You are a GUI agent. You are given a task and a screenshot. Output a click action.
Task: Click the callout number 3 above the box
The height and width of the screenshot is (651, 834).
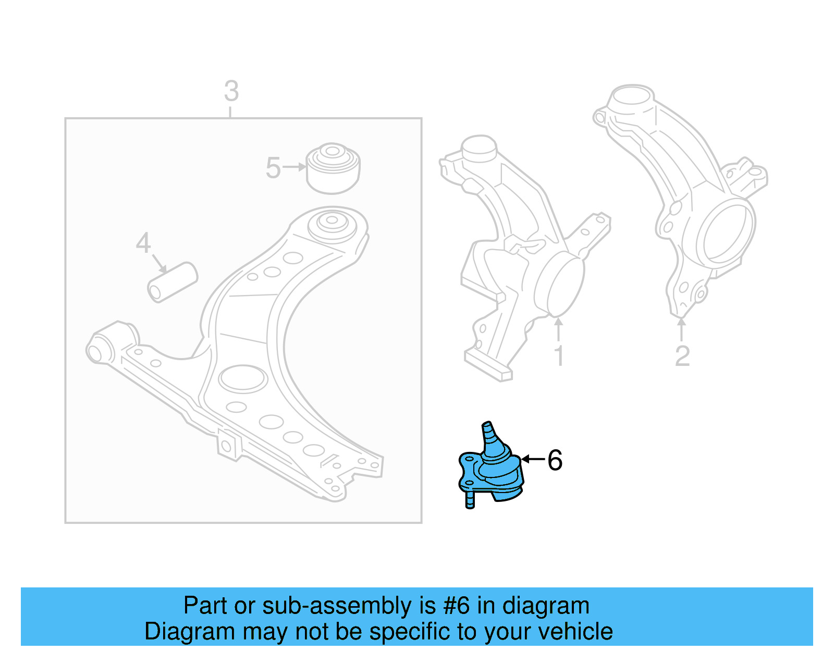pos(231,91)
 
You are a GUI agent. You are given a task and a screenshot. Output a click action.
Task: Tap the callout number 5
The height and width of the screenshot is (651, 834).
pos(273,168)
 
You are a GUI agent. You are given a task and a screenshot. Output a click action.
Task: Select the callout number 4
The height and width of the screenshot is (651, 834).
pos(143,243)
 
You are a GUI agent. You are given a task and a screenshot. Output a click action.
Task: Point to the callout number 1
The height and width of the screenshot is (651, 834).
pos(559,357)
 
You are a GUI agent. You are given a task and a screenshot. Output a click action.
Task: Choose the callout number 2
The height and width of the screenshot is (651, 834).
pos(682,357)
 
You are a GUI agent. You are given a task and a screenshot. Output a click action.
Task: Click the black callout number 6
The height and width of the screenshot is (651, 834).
pos(555,460)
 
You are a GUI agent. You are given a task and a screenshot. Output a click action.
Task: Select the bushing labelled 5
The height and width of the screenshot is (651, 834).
pos(333,168)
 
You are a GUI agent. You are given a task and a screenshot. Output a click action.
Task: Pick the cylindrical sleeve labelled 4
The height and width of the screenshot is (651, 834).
pos(173,282)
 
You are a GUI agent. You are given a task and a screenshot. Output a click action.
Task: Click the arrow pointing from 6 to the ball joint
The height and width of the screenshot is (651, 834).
pos(533,459)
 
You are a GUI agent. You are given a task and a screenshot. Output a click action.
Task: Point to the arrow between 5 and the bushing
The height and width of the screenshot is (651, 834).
pos(295,167)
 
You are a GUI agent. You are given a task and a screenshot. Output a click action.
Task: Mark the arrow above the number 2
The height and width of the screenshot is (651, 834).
pos(681,329)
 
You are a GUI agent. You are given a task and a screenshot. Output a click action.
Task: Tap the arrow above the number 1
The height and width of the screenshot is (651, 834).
pos(559,329)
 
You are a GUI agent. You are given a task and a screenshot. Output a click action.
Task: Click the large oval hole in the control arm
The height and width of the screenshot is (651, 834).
pos(243,378)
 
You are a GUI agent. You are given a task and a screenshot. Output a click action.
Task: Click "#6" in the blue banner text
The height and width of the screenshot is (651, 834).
pos(457,606)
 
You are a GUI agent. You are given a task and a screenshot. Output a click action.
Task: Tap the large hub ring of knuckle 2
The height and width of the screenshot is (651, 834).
pos(725,234)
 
